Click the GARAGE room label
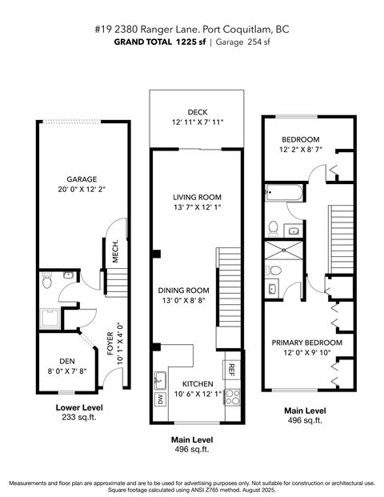pos(82,179)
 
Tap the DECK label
pos(198,111)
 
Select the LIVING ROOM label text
pos(197,196)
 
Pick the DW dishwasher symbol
pos(160,399)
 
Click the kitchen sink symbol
pos(160,377)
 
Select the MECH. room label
pos(115,252)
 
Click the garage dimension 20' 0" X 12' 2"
pos(82,190)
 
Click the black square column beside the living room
pos(157,255)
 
